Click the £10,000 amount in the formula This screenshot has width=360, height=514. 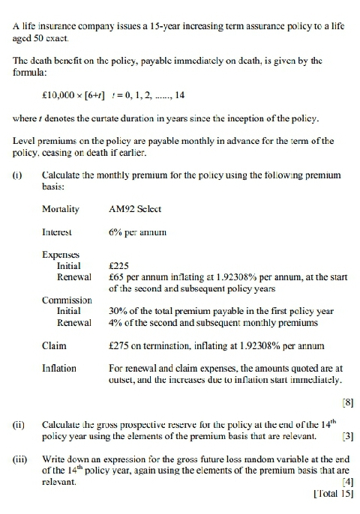60,96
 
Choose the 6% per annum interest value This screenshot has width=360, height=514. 136,232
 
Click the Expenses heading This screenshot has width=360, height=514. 60,255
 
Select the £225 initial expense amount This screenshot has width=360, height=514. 119,265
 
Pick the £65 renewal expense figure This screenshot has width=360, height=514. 117,276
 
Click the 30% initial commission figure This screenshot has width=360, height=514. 118,311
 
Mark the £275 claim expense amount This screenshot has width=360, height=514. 119,345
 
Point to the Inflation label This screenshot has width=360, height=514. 59,368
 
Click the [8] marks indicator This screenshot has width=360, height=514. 346,403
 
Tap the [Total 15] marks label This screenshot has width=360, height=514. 329,495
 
